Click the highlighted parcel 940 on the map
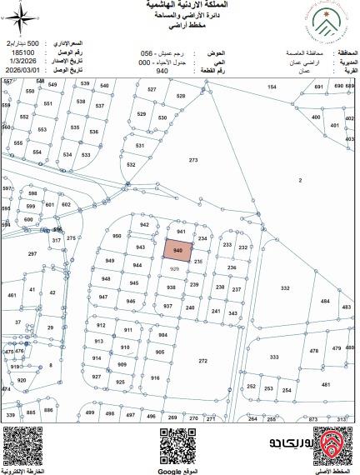click(x=178, y=250)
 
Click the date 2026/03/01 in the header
click(x=22, y=71)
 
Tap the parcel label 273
click(x=193, y=159)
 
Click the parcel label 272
click(x=202, y=361)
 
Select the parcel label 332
click(x=285, y=288)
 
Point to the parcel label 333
click(x=274, y=357)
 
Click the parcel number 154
click(x=272, y=87)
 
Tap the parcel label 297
click(x=32, y=253)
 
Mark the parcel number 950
click(x=117, y=237)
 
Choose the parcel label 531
click(x=140, y=146)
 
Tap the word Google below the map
click(x=181, y=470)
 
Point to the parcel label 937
click(x=167, y=306)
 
